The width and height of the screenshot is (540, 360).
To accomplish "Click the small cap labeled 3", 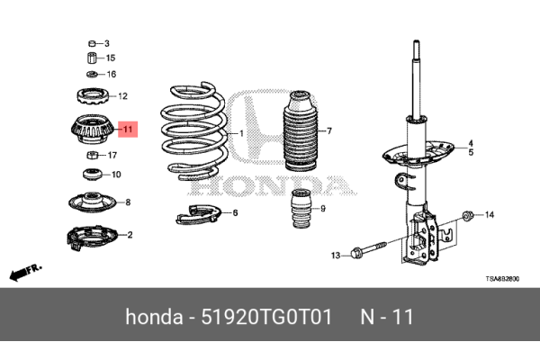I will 91,43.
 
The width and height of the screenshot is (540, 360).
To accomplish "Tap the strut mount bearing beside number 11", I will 91,131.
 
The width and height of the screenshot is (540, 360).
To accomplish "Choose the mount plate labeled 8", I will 91,202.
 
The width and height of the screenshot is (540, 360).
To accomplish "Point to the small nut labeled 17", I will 91,155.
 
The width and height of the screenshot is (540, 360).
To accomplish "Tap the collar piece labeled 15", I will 91,58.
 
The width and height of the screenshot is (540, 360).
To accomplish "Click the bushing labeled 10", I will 91,173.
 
